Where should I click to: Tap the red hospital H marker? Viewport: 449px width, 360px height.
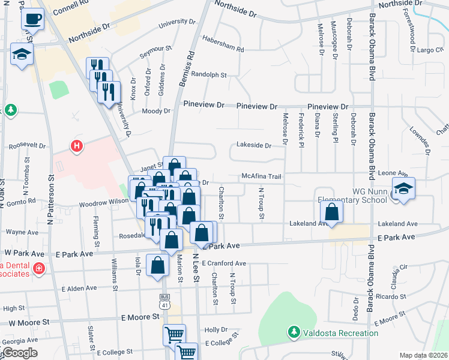pyautogui.click(x=76, y=145)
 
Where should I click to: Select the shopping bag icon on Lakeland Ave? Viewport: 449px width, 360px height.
pyautogui.click(x=331, y=211)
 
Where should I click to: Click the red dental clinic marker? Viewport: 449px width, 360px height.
pyautogui.click(x=39, y=268)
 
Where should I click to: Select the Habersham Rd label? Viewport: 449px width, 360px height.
pyautogui.click(x=224, y=49)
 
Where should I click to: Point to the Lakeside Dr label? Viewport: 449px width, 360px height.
pyautogui.click(x=254, y=145)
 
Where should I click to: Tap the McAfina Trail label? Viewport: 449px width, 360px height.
pyautogui.click(x=261, y=176)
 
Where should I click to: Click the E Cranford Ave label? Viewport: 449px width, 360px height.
pyautogui.click(x=224, y=263)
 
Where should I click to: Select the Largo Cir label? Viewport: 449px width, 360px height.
pyautogui.click(x=429, y=50)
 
